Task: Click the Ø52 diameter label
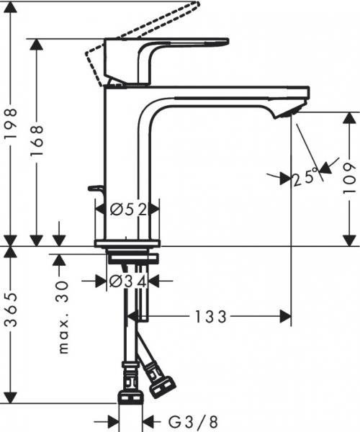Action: [128, 210]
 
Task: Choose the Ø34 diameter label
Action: [127, 282]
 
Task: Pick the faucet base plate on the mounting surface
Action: [128, 243]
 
